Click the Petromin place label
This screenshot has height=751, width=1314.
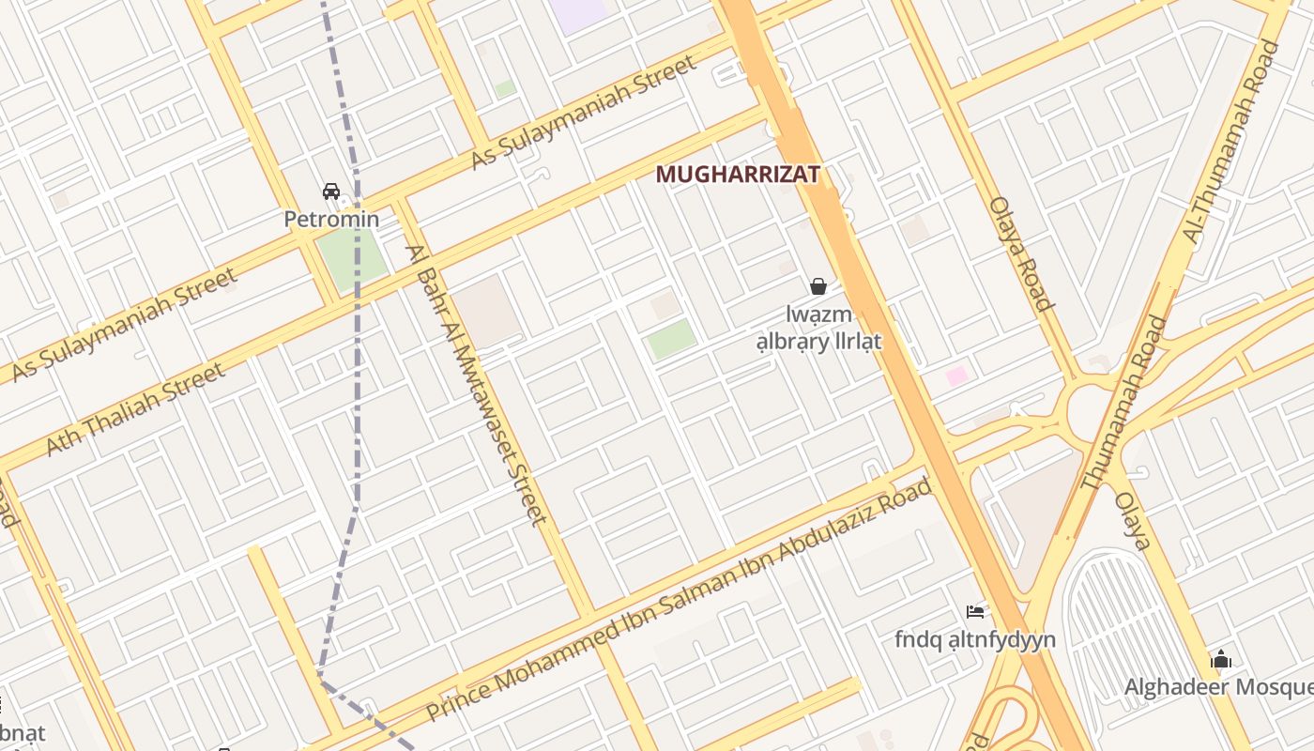click(331, 220)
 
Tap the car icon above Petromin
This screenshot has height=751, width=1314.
click(331, 192)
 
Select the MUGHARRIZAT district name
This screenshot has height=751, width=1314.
click(738, 175)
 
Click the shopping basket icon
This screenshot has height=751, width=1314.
click(818, 286)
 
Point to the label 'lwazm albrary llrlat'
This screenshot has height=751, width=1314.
click(819, 328)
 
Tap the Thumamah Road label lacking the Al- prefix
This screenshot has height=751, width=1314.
click(1123, 404)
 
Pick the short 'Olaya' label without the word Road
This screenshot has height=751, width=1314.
click(1133, 520)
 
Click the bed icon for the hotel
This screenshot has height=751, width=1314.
click(975, 612)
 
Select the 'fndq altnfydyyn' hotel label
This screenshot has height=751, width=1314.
click(975, 640)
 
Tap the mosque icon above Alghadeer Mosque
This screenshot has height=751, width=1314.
click(1221, 659)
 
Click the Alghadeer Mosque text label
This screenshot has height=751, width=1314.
click(1219, 687)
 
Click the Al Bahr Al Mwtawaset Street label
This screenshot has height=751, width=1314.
click(477, 384)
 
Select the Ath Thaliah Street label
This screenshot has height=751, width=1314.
click(136, 409)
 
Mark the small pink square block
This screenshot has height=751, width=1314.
click(956, 376)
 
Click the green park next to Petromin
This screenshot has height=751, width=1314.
click(350, 255)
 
